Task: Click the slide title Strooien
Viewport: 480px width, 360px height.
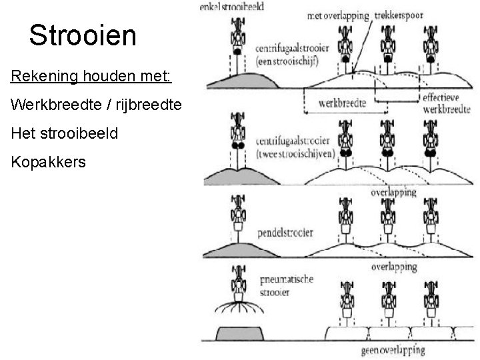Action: (83, 35)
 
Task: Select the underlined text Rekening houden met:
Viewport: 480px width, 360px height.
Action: (91, 77)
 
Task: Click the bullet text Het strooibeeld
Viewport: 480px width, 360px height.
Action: (65, 133)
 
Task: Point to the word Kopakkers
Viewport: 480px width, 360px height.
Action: (49, 161)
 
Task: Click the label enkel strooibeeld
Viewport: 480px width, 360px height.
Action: (231, 7)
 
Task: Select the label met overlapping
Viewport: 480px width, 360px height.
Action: (337, 15)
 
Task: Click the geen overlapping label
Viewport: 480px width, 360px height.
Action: (393, 349)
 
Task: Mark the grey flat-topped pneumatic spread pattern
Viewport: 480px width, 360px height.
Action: (240, 333)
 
